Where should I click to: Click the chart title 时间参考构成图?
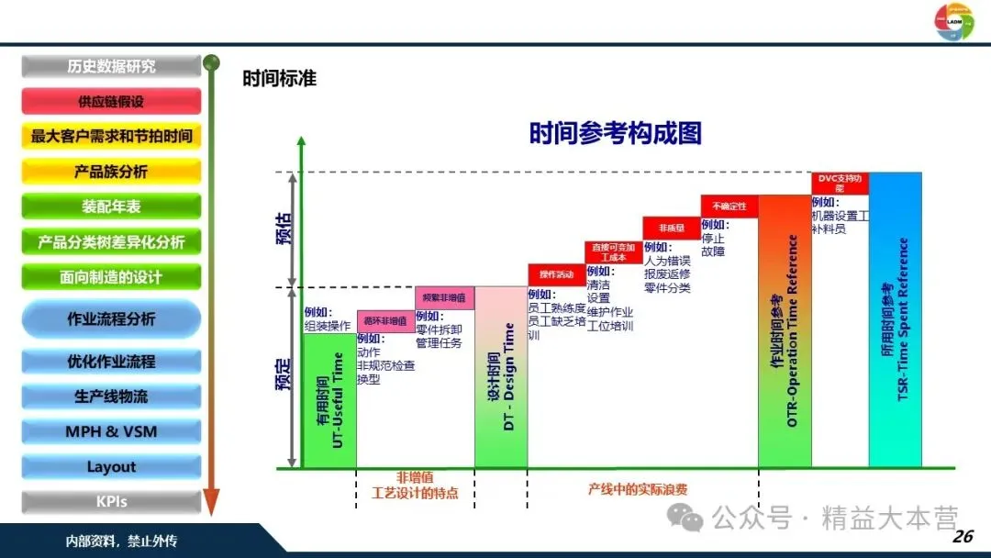click(x=615, y=134)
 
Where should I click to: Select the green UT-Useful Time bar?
click(x=329, y=400)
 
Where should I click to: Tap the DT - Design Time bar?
click(x=501, y=377)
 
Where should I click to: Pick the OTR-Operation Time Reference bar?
click(x=785, y=331)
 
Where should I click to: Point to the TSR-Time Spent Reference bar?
click(x=896, y=319)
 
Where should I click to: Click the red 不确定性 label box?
click(x=729, y=206)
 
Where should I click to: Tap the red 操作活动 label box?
click(x=555, y=274)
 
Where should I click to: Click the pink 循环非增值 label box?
click(x=385, y=321)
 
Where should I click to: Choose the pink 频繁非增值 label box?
click(x=444, y=298)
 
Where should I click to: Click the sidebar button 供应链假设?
click(x=111, y=101)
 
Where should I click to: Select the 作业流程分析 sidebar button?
click(x=111, y=319)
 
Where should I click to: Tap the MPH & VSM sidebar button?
click(x=111, y=431)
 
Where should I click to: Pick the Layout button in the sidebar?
click(x=111, y=466)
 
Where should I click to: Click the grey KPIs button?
click(x=111, y=502)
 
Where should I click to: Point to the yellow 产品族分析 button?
click(x=111, y=172)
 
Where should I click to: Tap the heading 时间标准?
click(x=279, y=79)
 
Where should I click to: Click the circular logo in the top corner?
click(x=953, y=22)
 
